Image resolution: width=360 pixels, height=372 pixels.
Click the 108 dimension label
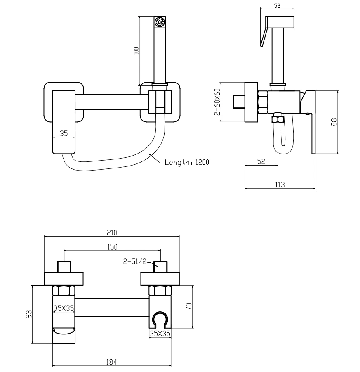click(x=136, y=50)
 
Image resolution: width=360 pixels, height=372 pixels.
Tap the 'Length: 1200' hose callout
click(x=187, y=162)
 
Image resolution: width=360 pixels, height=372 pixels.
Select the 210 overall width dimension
click(x=112, y=232)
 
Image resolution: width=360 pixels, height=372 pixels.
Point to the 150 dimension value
click(x=112, y=247)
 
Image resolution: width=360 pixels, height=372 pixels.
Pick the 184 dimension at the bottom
click(x=112, y=362)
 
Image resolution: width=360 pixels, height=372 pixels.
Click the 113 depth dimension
click(x=280, y=185)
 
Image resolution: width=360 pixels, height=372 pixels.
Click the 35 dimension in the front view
click(x=64, y=133)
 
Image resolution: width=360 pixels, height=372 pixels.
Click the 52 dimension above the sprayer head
click(x=277, y=5)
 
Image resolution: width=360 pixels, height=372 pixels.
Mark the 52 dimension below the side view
click(x=261, y=161)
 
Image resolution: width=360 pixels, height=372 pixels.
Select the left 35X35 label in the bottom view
click(x=64, y=307)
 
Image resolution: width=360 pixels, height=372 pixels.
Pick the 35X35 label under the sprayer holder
click(x=160, y=333)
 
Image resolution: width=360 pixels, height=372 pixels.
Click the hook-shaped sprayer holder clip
click(x=160, y=320)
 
